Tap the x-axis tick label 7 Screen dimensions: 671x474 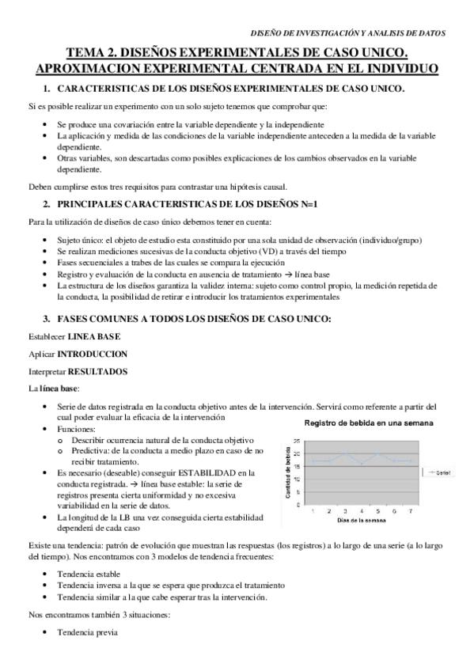[410, 511]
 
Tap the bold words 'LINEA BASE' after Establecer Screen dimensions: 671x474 [94, 336]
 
